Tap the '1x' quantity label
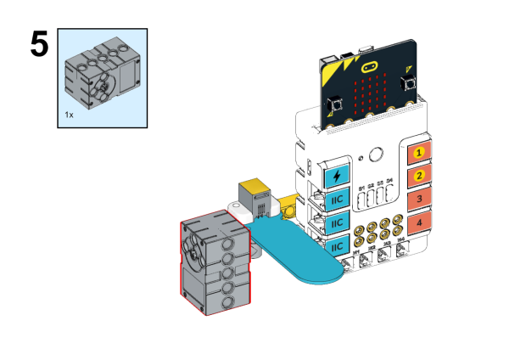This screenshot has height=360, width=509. pos(70,112)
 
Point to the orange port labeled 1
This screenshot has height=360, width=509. pos(417,155)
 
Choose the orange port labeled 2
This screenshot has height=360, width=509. pos(417,177)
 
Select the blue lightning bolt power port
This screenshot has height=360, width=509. pos(338,176)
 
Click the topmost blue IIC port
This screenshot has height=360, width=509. pos(338,200)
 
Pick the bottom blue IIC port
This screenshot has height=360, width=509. pos(338,246)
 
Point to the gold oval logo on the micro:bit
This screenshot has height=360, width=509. pos(370,66)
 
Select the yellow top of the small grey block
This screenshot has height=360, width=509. pos(252,187)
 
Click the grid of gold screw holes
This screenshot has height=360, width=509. pos(379,232)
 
